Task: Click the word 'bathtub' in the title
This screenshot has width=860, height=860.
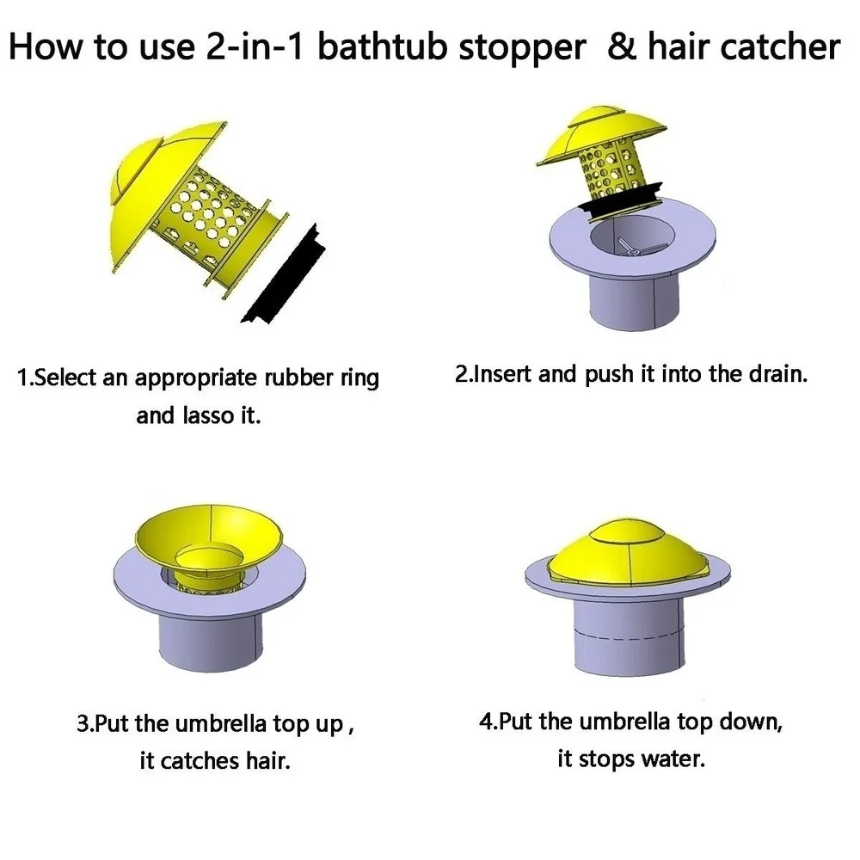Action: click(383, 46)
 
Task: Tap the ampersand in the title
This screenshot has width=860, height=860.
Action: click(622, 46)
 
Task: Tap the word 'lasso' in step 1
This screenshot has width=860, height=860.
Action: click(208, 415)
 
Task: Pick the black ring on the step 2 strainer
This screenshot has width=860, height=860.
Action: click(621, 204)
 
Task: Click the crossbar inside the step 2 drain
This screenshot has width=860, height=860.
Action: click(637, 248)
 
